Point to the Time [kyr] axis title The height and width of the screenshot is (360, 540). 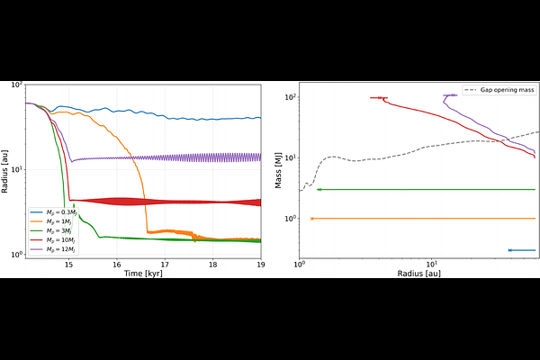pyautogui.click(x=141, y=273)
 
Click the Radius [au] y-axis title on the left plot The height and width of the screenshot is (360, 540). pyautogui.click(x=7, y=169)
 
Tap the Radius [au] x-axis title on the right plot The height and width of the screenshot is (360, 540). pyautogui.click(x=417, y=273)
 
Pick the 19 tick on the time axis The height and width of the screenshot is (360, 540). pyautogui.click(x=260, y=265)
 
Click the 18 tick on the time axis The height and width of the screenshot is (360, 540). pyautogui.click(x=212, y=265)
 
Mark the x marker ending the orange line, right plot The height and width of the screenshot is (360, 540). pyautogui.click(x=311, y=219)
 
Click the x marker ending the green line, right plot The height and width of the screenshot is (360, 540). pyautogui.click(x=318, y=190)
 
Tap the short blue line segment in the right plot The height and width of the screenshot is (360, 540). pyautogui.click(x=522, y=249)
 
